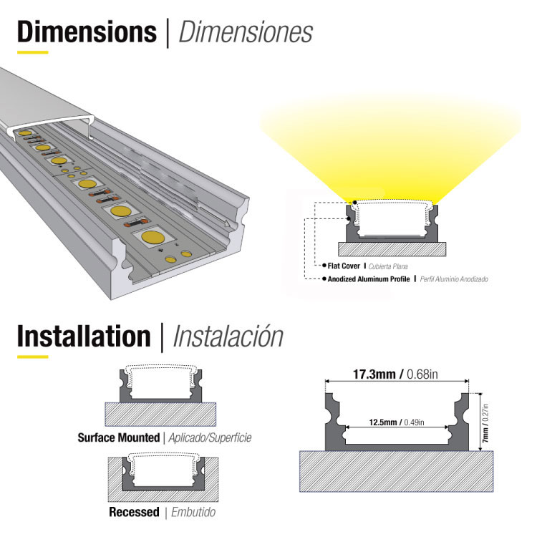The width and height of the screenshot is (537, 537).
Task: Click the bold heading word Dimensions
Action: pos(87,32)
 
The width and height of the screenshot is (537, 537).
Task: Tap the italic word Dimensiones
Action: pos(246,32)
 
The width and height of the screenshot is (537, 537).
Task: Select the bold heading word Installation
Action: pos(84,336)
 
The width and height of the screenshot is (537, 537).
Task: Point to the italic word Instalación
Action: pos(228,336)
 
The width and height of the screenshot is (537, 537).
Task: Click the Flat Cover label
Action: pos(344,266)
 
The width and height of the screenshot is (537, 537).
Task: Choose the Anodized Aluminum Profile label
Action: pos(369,279)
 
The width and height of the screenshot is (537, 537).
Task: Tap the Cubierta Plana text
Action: pos(388,266)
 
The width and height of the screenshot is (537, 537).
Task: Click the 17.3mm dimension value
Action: pos(374,374)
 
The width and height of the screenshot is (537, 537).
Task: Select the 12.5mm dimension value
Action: pos(383,422)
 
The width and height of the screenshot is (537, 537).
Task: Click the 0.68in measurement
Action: pos(422,374)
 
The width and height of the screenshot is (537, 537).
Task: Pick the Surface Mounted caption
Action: pos(118,437)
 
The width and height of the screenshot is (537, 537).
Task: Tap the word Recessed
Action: pos(134,512)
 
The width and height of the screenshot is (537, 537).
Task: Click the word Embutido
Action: pos(193,513)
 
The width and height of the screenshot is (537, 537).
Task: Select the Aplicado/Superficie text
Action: pos(210,438)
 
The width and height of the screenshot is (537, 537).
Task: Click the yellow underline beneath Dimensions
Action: pos(32,52)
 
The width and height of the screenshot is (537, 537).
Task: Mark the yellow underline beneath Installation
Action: pos(32,357)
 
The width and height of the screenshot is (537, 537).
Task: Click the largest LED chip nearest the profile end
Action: pos(152,237)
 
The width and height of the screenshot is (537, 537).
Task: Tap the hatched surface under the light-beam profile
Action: pos(392,249)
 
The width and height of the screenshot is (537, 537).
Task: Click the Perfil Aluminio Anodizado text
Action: pos(454,279)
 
